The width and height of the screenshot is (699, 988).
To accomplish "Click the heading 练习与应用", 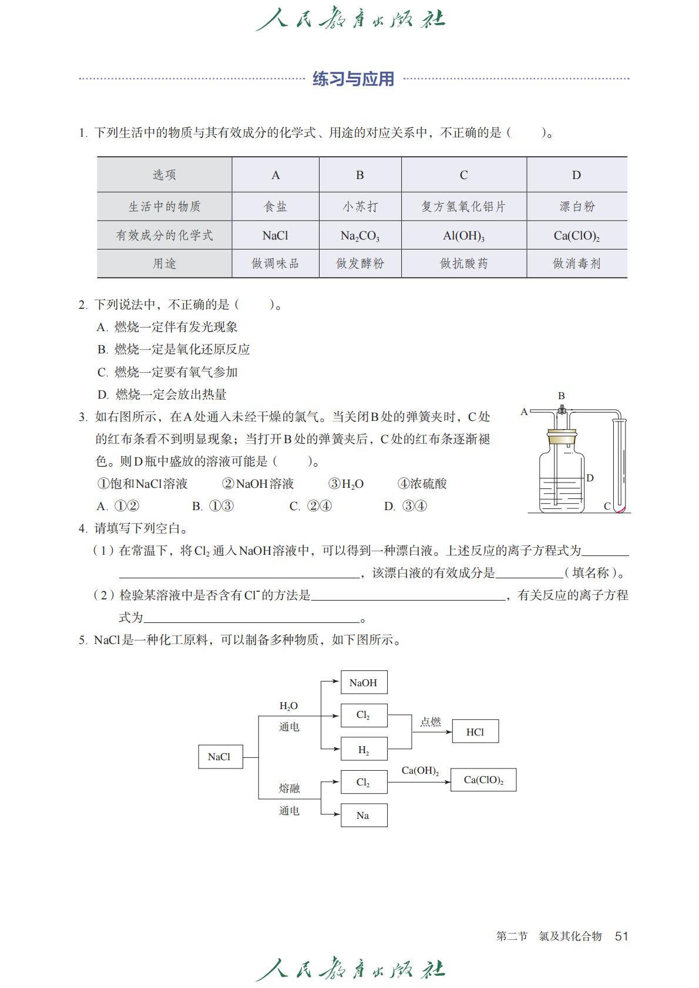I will [x=353, y=79].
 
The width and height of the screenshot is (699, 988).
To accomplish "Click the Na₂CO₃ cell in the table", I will [x=360, y=235].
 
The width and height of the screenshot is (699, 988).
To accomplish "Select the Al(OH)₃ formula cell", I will [x=463, y=235].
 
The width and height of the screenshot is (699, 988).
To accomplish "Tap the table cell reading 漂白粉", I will [x=577, y=207].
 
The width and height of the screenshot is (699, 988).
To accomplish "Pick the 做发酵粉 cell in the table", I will [x=360, y=264].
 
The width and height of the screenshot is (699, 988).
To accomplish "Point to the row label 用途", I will [x=164, y=264].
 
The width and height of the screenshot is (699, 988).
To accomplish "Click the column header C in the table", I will [x=463, y=175].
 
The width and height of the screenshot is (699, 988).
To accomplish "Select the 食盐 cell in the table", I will [x=275, y=207].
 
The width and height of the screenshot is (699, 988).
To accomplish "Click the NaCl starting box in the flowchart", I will [x=220, y=757].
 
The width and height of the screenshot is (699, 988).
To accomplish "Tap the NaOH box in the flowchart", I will [x=364, y=682].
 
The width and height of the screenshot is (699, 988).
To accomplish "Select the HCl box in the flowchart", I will [x=475, y=731].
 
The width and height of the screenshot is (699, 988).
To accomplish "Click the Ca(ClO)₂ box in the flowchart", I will [x=483, y=780].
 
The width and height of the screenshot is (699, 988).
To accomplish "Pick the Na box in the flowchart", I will [x=364, y=815].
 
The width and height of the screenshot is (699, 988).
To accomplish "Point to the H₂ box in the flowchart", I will [x=364, y=750].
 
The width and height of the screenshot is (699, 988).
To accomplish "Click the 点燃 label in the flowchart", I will [x=431, y=722].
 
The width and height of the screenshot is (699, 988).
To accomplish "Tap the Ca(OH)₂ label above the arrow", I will [x=420, y=771].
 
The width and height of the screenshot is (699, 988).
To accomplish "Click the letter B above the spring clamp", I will [x=562, y=396].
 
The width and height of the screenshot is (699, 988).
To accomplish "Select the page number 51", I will [x=621, y=936].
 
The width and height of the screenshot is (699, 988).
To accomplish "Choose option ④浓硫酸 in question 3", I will [x=422, y=484].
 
